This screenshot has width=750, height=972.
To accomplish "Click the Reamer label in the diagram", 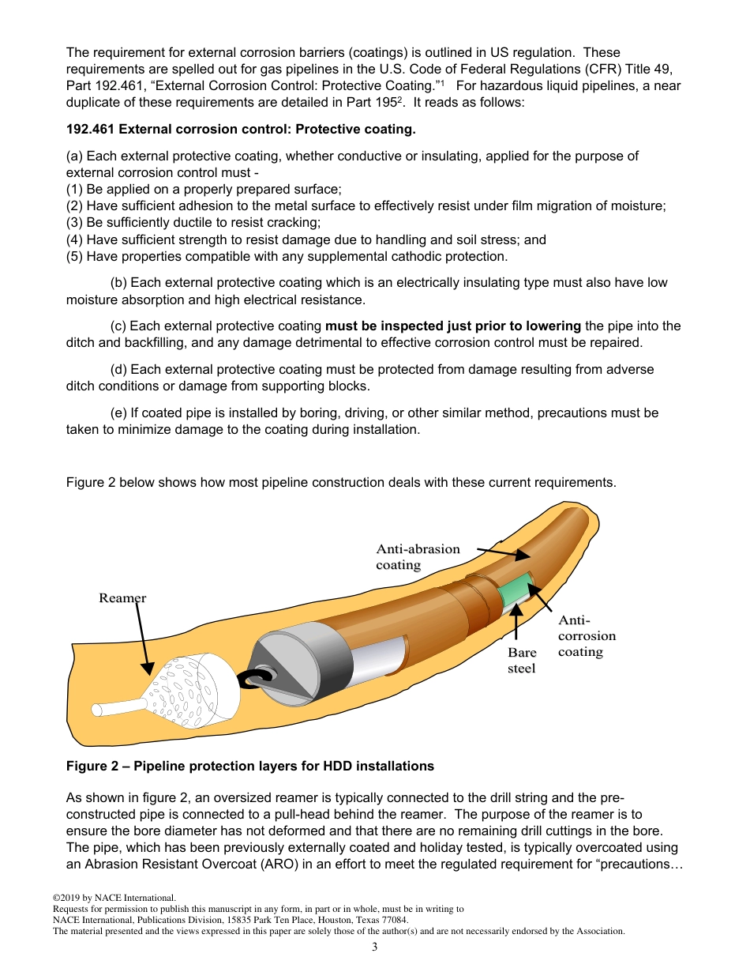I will (122, 598).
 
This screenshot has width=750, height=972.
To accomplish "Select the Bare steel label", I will (521, 661).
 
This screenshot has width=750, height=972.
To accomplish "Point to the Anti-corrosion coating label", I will (586, 636).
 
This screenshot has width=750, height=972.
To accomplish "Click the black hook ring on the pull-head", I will (256, 679).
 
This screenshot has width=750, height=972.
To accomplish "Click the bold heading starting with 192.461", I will (241, 130).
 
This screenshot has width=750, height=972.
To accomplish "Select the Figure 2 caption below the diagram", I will (250, 766).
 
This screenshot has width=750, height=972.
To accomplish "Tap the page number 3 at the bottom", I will (374, 947).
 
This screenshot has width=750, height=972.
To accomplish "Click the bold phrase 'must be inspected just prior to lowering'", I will (453, 326).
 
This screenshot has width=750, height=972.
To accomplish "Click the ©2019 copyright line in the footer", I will (114, 898).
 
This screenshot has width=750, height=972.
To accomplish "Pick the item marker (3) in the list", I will (75, 223).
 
